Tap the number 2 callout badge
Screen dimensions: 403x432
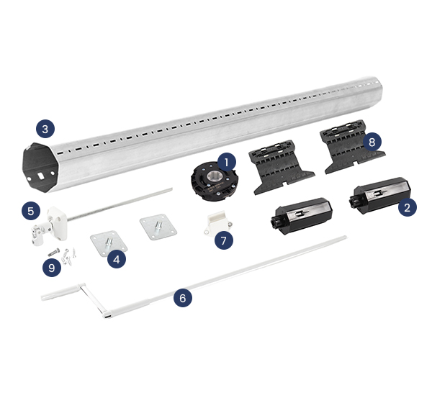(x=408, y=208)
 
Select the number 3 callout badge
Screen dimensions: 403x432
(x=45, y=130)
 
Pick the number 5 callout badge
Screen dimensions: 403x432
(x=30, y=211)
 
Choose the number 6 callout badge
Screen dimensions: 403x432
(x=183, y=296)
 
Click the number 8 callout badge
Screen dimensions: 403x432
(x=372, y=142)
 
